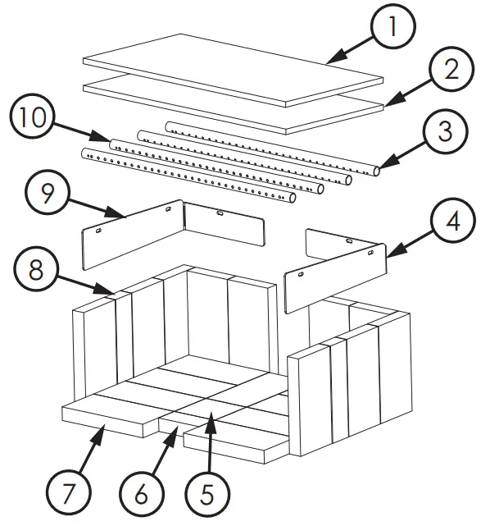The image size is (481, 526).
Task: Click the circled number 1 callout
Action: click(x=393, y=26)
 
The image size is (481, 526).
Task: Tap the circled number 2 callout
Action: click(x=452, y=70)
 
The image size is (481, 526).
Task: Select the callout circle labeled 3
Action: click(x=445, y=131)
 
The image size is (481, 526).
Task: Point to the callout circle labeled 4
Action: click(x=453, y=221)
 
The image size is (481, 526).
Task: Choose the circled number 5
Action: click(x=207, y=495)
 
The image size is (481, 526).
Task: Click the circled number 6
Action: click(x=142, y=494)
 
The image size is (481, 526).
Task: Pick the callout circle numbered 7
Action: click(x=68, y=493)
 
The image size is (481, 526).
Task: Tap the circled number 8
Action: click(x=36, y=269)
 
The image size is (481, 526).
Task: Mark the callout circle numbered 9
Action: click(x=48, y=193)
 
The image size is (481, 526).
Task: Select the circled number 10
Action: click(x=33, y=117)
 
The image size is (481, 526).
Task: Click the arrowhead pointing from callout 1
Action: click(x=336, y=57)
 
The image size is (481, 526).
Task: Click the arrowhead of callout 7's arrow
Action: click(x=98, y=433)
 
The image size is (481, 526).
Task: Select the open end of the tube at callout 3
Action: click(x=377, y=171)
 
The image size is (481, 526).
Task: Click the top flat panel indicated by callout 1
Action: click(x=233, y=71)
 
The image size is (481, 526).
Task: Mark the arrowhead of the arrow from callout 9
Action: click(x=116, y=213)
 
